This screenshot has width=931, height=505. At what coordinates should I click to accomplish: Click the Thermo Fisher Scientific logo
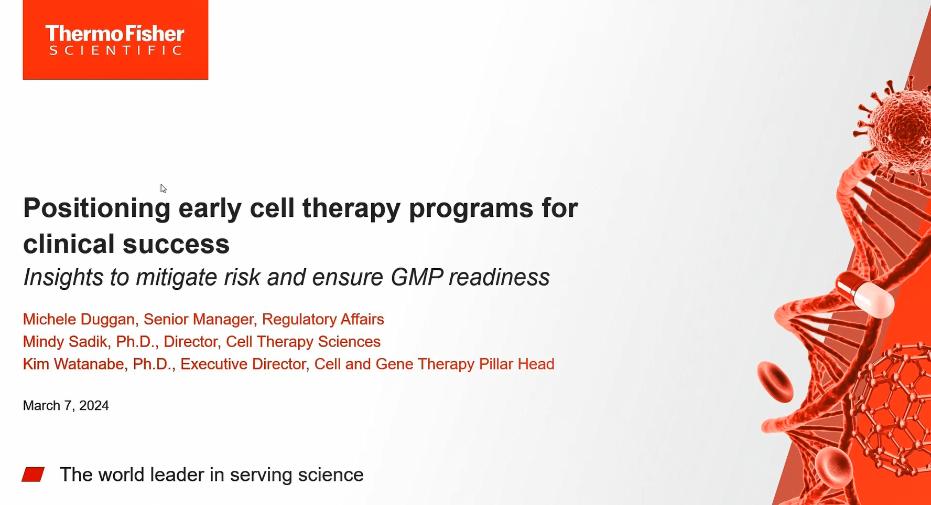(115, 40)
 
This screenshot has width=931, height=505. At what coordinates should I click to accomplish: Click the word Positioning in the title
(97, 208)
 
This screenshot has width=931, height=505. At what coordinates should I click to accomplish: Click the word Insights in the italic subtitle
(63, 277)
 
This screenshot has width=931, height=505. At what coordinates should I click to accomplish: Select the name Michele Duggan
(79, 319)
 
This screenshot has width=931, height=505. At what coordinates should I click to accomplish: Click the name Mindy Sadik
(66, 342)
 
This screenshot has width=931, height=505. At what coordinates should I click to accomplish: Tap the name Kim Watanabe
(73, 364)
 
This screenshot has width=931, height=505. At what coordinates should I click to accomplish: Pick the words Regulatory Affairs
(323, 319)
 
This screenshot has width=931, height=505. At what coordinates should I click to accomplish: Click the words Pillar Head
(516, 364)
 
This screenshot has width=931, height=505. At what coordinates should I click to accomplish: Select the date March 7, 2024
(66, 406)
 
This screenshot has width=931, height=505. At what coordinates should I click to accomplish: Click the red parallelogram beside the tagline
(33, 474)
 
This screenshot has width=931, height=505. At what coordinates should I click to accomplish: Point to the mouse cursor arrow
(163, 188)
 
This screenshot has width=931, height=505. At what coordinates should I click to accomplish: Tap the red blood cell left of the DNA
(775, 382)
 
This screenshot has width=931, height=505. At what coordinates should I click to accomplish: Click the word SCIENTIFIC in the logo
(115, 50)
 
